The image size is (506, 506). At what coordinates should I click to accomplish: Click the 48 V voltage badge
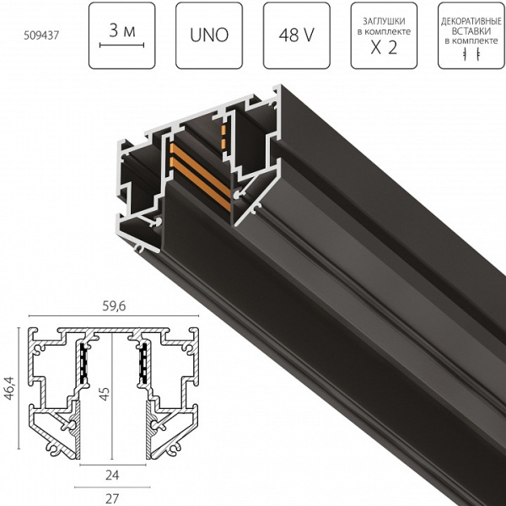coord(295,36)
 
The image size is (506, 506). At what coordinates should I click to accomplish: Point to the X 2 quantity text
coord(384,47)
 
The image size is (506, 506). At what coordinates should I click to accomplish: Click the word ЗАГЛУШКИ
coord(384,20)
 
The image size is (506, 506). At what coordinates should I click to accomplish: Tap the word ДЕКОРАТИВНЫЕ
coord(471,17)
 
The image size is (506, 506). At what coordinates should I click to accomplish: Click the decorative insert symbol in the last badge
coord(471,53)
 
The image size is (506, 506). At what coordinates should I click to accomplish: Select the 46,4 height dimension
coord(10,394)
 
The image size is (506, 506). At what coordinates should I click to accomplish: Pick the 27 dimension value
coord(112,498)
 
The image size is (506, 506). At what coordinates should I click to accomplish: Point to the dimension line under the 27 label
coord(112,487)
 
